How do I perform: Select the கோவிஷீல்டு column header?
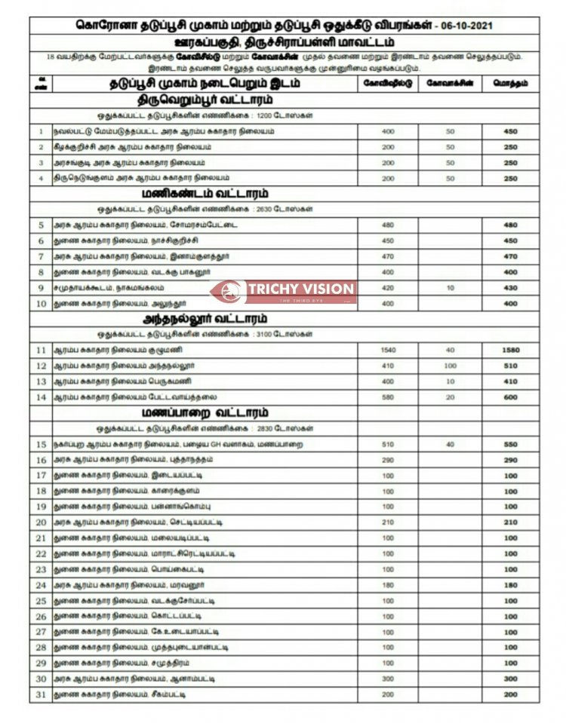(388, 83)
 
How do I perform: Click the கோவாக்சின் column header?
(451, 83)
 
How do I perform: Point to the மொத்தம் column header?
(511, 83)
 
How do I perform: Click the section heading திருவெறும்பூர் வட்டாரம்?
(205, 99)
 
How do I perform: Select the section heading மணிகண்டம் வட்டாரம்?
(205, 193)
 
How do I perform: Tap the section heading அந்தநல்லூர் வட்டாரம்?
(205, 319)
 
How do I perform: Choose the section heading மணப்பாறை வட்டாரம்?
(205, 413)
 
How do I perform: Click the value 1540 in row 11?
(388, 351)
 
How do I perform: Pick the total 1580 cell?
(511, 351)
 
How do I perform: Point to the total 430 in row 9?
(511, 287)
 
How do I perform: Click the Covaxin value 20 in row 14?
(451, 397)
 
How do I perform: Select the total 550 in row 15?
(511, 445)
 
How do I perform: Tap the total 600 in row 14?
(511, 397)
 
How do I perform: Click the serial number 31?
(41, 694)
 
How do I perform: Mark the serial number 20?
(41, 522)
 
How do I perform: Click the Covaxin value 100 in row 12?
(451, 366)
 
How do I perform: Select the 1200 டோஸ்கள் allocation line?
(205, 115)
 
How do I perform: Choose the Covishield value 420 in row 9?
(388, 287)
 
